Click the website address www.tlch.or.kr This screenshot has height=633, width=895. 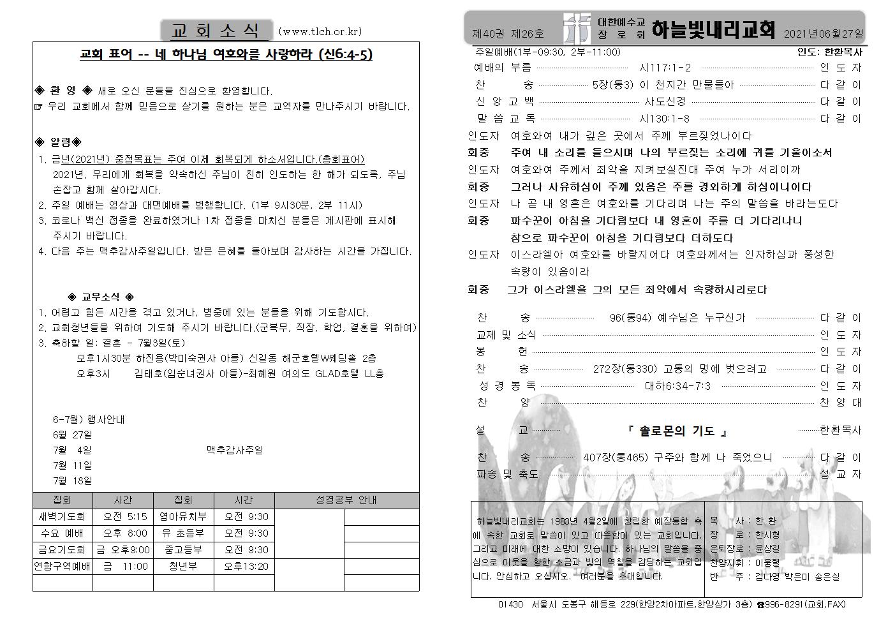coord(320,31)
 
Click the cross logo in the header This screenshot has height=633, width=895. coord(577,29)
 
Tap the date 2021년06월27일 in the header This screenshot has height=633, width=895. coord(824,33)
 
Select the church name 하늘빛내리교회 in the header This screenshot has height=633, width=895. coord(714,30)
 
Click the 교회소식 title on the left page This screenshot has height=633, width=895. coord(216,30)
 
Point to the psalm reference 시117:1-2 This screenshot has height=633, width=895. coord(665,68)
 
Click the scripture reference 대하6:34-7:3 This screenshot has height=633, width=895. coord(677,385)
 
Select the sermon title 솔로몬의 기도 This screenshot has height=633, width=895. coord(677,431)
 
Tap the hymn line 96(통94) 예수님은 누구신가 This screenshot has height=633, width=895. coord(677,317)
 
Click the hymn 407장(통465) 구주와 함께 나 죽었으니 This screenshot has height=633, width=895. coord(677,457)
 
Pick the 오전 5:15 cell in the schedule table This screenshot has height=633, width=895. coord(125,516)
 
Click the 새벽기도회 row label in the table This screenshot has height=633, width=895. coord(62,516)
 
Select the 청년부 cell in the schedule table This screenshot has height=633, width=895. coord(183,566)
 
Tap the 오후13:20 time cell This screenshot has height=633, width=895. coord(246,566)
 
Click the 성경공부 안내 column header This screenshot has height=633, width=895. coord(346,500)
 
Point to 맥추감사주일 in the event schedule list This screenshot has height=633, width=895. coord(234,450)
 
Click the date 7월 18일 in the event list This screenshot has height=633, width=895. coord(72,480)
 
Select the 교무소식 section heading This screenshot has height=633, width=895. coord(101,297)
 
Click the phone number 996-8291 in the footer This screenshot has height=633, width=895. coord(782,604)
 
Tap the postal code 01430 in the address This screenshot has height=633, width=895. coord(510,604)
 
